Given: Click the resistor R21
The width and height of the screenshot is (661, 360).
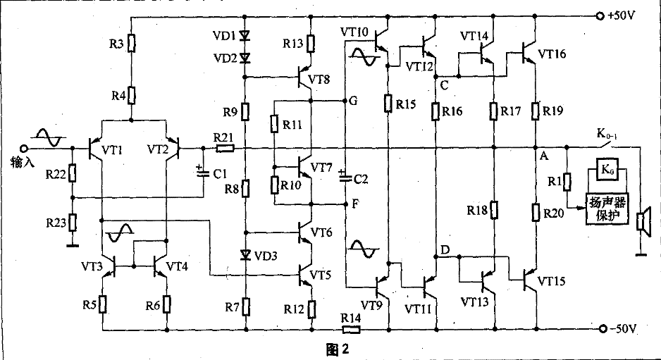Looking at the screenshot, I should point(224,148).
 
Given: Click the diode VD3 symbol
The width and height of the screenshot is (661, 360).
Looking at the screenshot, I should point(245,254).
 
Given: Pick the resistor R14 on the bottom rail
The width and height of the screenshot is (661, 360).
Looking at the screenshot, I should point(350,329).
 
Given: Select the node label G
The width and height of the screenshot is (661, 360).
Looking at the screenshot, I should point(353,101).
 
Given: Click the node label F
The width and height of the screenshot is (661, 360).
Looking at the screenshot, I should point(354,204).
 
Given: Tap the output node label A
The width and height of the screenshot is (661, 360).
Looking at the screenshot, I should point(543,156).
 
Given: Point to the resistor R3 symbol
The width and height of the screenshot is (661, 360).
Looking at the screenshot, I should point(131,46).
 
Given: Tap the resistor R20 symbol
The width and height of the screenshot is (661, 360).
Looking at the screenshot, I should point(536,211).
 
